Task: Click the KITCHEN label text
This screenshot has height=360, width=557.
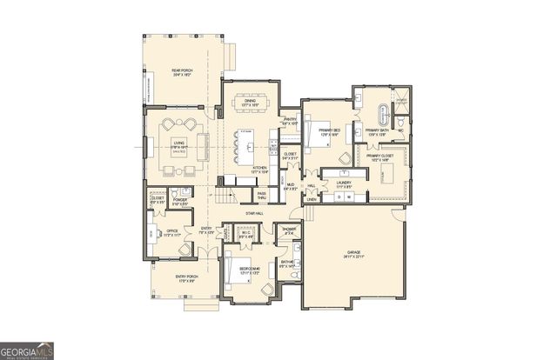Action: click(x=259, y=170)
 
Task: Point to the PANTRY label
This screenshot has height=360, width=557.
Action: click(x=291, y=120)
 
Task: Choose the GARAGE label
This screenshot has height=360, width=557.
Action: click(x=352, y=253)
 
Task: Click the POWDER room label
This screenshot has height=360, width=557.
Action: click(x=181, y=202)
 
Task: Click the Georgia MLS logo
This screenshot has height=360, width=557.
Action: click(x=28, y=349)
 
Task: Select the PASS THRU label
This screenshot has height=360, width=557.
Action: click(x=261, y=196)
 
